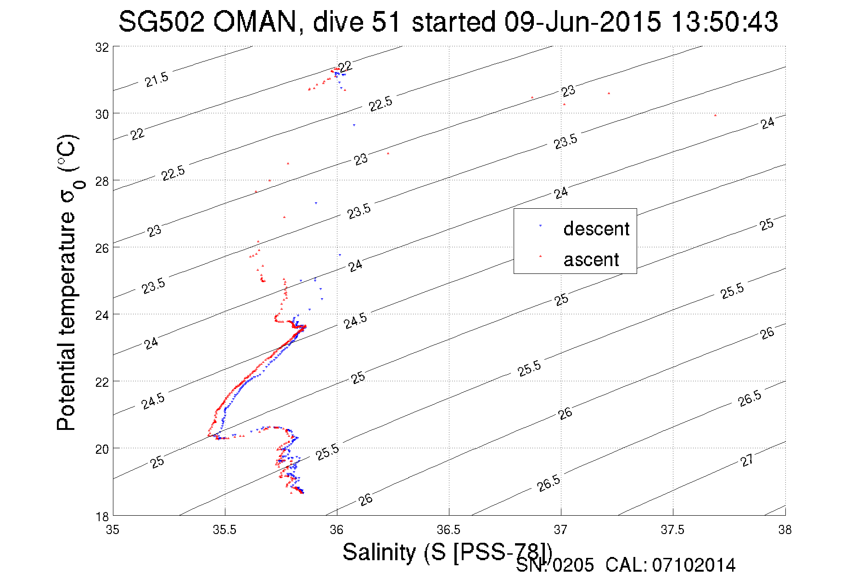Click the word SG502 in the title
click(161, 22)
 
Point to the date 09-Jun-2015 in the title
click(582, 22)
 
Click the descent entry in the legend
click(596, 228)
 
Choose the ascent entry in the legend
click(591, 260)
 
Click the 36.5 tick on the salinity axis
click(448, 530)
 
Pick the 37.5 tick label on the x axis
click(672, 530)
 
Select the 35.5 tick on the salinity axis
click(224, 530)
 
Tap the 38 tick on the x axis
click(784, 530)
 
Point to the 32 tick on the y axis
click(102, 47)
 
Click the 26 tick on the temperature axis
click(102, 248)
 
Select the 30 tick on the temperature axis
click(102, 114)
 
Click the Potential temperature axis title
click(67, 282)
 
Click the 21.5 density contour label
click(157, 79)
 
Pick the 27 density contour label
click(747, 460)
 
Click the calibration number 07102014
click(694, 565)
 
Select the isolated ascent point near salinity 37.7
click(715, 116)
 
